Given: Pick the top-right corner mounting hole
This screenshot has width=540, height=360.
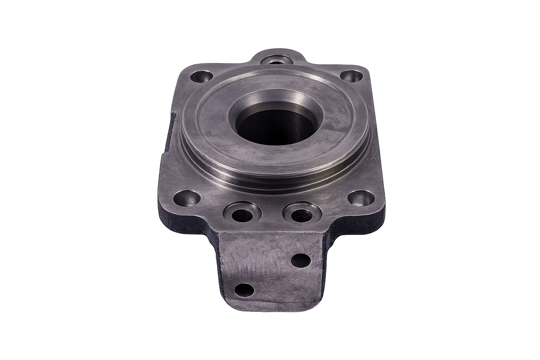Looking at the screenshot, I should (x=353, y=76).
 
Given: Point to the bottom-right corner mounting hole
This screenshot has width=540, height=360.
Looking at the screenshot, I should (x=362, y=199).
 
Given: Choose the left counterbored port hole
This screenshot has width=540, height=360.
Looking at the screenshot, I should (x=242, y=213).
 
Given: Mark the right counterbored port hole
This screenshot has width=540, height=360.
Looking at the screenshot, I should (x=302, y=213).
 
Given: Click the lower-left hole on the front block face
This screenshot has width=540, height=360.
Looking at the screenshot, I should (x=244, y=290).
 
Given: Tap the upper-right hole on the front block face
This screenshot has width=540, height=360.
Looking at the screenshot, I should (x=301, y=261).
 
